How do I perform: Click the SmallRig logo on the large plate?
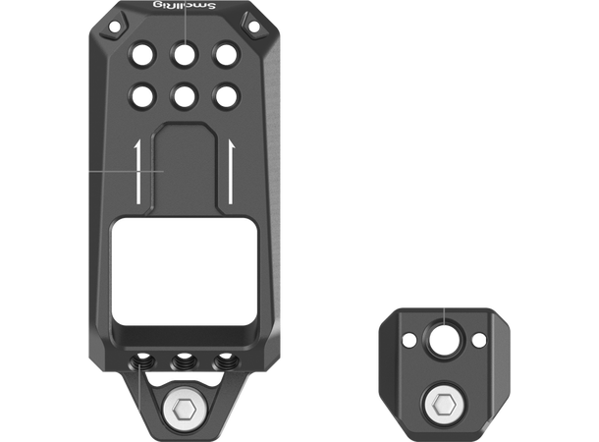[183, 9]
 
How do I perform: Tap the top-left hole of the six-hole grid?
[140, 53]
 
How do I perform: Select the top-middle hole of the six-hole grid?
[183, 53]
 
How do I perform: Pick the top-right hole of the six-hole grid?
[225, 53]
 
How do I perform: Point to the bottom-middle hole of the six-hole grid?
[183, 95]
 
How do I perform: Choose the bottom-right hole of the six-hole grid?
[225, 95]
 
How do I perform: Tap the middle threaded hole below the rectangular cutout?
[183, 361]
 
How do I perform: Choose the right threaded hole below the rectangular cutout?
[225, 360]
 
